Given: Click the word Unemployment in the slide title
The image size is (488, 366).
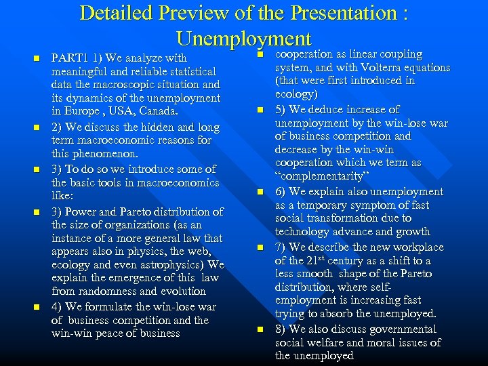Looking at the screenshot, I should point(243,38).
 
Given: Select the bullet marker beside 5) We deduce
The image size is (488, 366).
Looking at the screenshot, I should point(260,110).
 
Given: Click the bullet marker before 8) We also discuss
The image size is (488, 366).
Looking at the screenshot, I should point(260,330).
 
